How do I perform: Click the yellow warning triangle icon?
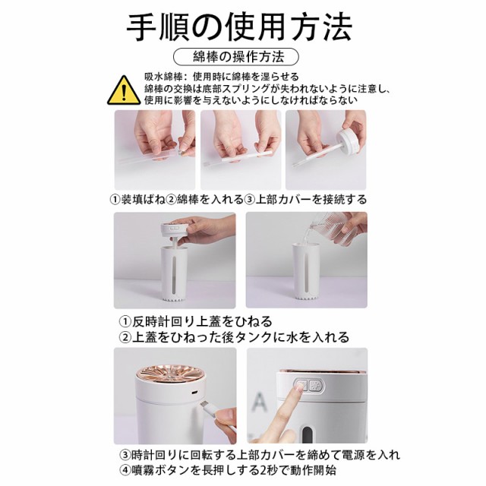coord(124,90)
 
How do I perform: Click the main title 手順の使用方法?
coord(239,27)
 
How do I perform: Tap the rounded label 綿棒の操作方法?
coord(235,57)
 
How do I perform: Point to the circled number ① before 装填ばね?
coord(115,200)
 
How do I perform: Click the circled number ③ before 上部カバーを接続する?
coord(250,200)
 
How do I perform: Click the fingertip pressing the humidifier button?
coord(300,387)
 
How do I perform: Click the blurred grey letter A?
coord(259,402)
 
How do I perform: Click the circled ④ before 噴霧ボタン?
coord(125,470)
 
